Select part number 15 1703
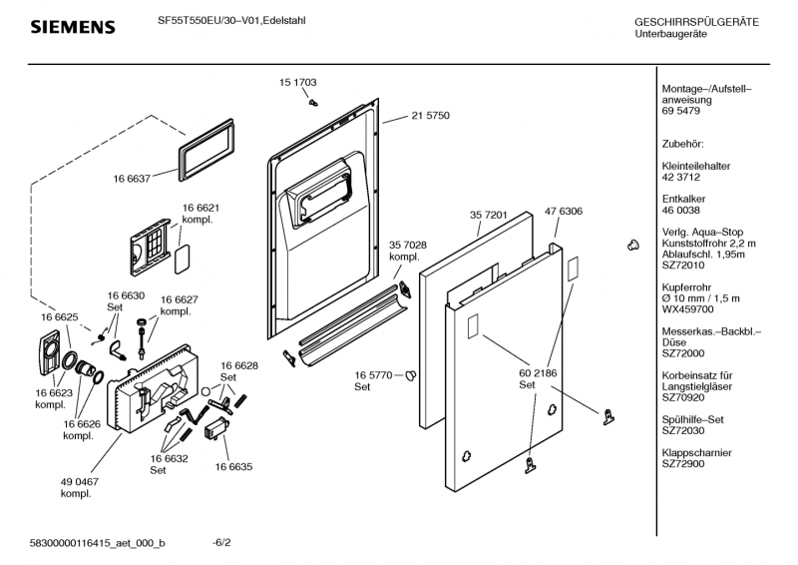pos(298,82)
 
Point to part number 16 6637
pos(131,179)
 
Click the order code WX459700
pos(687,308)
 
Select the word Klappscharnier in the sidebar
pos(698,452)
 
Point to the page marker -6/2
pos(221,542)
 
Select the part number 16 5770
pos(374,375)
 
